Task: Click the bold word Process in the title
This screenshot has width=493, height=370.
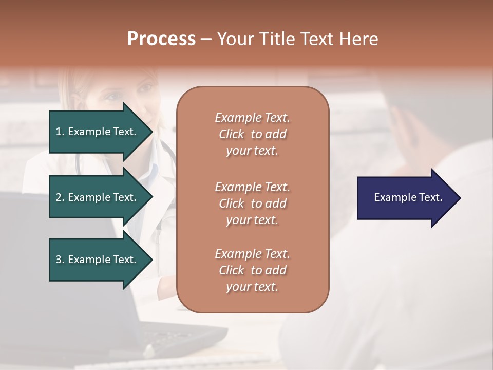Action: click(x=161, y=39)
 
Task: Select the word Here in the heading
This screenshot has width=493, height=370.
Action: click(x=358, y=39)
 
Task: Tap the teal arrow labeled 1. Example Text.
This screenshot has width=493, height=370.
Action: click(x=98, y=132)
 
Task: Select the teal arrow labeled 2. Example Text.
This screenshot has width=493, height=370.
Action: click(x=98, y=197)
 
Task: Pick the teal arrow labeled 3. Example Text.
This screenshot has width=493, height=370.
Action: click(x=98, y=260)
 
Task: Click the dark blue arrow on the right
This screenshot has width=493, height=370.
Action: click(x=406, y=198)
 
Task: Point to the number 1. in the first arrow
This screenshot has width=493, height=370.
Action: click(x=60, y=132)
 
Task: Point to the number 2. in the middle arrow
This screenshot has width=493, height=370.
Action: click(x=60, y=197)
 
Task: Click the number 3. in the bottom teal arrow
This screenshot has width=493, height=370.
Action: click(x=60, y=260)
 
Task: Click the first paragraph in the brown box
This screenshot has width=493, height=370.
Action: click(x=252, y=134)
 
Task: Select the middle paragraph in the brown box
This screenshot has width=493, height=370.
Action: click(x=252, y=203)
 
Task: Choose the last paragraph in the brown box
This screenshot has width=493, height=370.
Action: click(x=252, y=270)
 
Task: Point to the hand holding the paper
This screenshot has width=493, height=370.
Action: click(x=411, y=128)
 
